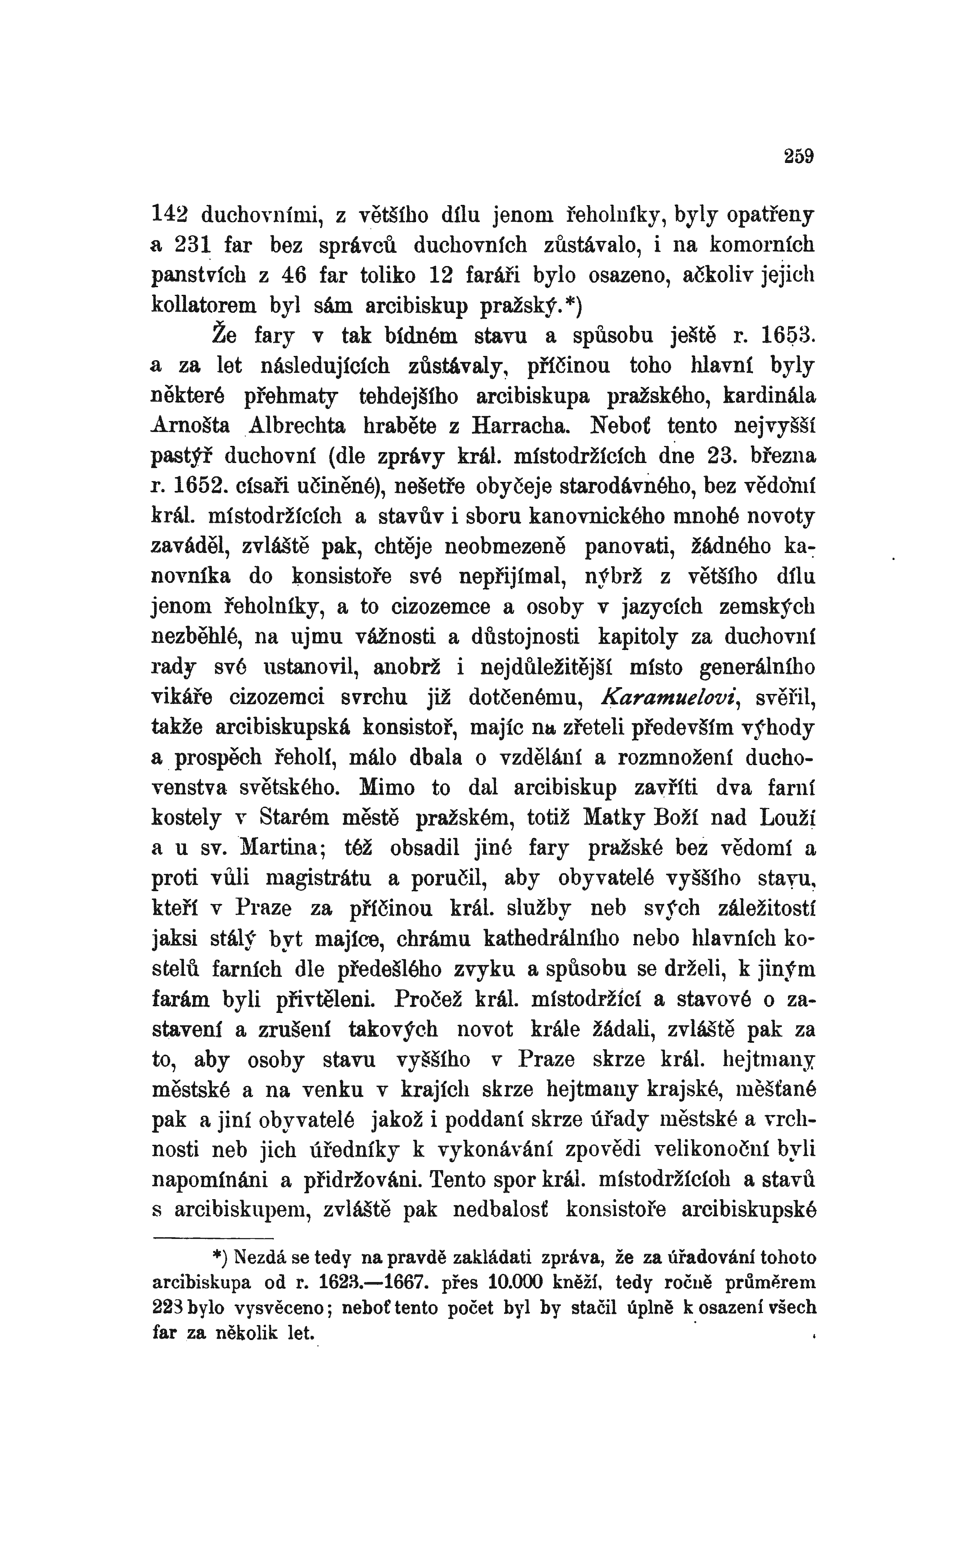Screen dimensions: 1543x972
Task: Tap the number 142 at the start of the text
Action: tap(168, 215)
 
